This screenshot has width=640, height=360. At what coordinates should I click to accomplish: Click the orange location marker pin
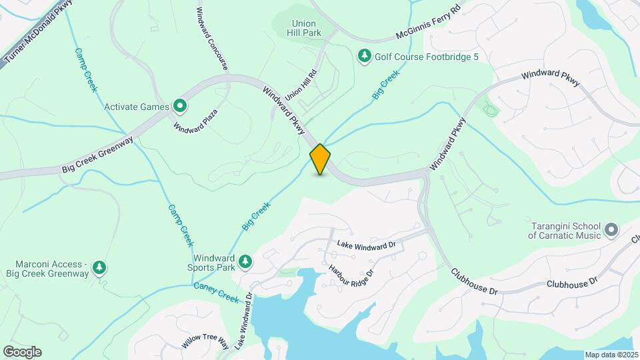tap(320, 159)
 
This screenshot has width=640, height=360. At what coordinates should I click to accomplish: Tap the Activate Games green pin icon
tap(179, 106)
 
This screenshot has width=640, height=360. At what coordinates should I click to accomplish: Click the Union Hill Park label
tap(305, 27)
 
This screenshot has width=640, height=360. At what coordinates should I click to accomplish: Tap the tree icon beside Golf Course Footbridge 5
tap(365, 57)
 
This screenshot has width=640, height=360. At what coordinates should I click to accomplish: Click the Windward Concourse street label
tap(213, 39)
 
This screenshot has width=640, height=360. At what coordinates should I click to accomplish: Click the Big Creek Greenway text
tap(98, 155)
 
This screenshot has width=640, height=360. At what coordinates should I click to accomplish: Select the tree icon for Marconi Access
tap(99, 268)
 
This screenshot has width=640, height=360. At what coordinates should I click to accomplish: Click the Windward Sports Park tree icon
tap(246, 262)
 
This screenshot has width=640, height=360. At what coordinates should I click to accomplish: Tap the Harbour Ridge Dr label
tap(351, 281)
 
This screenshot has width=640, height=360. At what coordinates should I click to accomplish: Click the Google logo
tap(22, 351)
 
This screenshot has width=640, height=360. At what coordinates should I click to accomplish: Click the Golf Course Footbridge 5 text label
tap(427, 57)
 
